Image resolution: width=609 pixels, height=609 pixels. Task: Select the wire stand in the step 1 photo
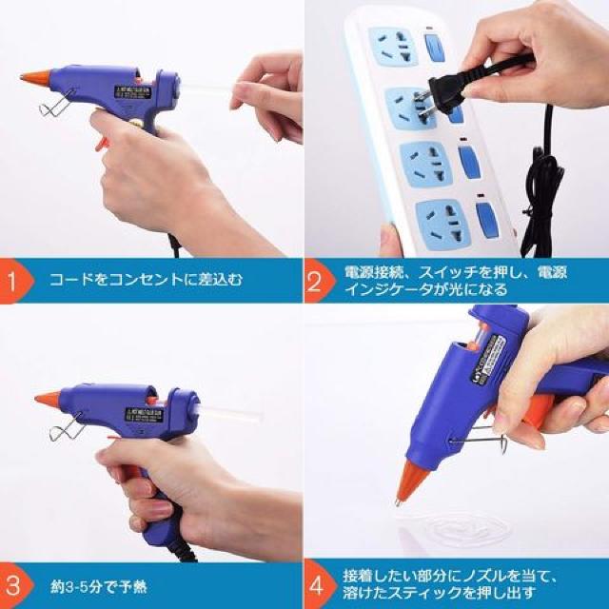click(54, 103)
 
